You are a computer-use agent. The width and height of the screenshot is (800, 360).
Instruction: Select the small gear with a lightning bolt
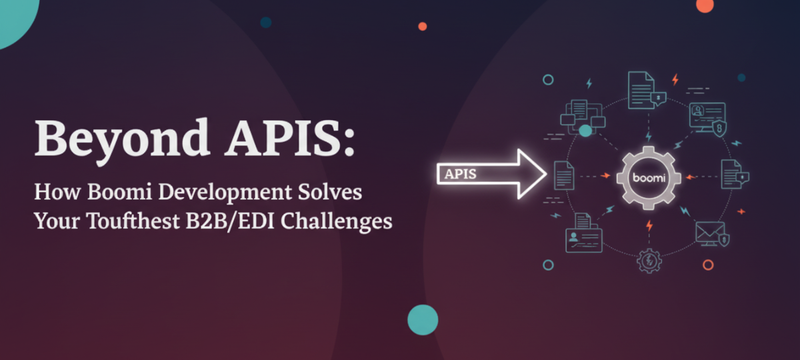[647, 261]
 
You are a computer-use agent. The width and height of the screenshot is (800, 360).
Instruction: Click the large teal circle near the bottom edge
[423, 319]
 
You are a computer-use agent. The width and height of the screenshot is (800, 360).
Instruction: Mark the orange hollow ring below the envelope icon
[708, 265]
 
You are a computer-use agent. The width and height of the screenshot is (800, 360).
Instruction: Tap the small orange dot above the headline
[422, 26]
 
